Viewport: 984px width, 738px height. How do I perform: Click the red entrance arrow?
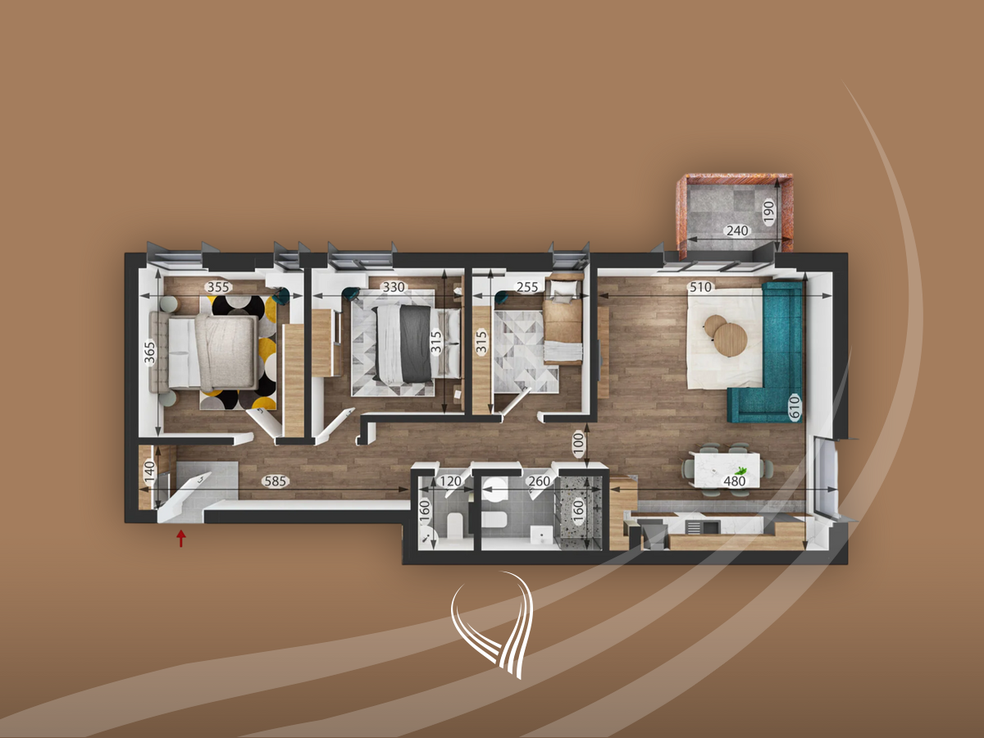tap(181, 538)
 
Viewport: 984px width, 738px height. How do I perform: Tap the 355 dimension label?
tap(218, 287)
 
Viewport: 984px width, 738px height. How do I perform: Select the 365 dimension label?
tap(149, 353)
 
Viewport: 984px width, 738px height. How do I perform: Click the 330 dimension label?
tap(394, 287)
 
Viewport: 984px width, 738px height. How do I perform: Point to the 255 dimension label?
tap(526, 287)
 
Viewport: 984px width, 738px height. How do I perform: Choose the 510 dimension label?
tap(700, 287)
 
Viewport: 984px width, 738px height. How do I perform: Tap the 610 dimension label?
tap(794, 407)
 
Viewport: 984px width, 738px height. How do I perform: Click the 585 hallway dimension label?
tap(275, 481)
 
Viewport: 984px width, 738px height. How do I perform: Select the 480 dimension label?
tap(735, 481)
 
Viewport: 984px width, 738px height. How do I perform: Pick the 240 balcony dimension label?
tap(737, 230)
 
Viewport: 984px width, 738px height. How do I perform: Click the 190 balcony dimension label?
tap(768, 212)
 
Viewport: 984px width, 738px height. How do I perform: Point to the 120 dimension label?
tap(450, 481)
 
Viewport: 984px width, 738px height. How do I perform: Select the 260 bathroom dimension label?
tap(540, 481)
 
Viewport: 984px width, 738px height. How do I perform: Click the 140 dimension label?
tap(149, 471)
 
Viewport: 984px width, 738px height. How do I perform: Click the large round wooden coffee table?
tap(731, 339)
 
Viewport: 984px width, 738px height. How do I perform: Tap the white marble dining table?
tap(727, 470)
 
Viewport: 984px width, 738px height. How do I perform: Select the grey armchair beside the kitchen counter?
tap(654, 535)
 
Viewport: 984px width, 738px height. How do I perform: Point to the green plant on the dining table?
tap(740, 470)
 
